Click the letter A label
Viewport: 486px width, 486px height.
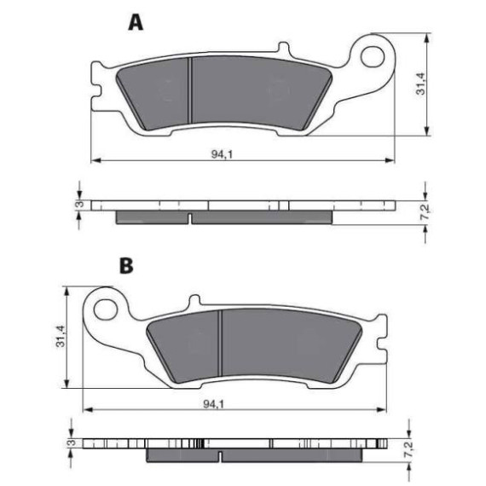[136, 22]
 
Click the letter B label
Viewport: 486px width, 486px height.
[126, 266]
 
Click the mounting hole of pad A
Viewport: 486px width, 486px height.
[372, 57]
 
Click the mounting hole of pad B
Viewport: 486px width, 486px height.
[106, 310]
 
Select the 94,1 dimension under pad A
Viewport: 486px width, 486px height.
[222, 154]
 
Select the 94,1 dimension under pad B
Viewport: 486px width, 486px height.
[214, 404]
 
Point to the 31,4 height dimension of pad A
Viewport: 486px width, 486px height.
[421, 84]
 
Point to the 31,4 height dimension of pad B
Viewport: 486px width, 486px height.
[61, 336]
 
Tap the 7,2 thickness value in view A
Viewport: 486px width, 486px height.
[426, 212]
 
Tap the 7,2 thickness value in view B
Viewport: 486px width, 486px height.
[409, 449]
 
